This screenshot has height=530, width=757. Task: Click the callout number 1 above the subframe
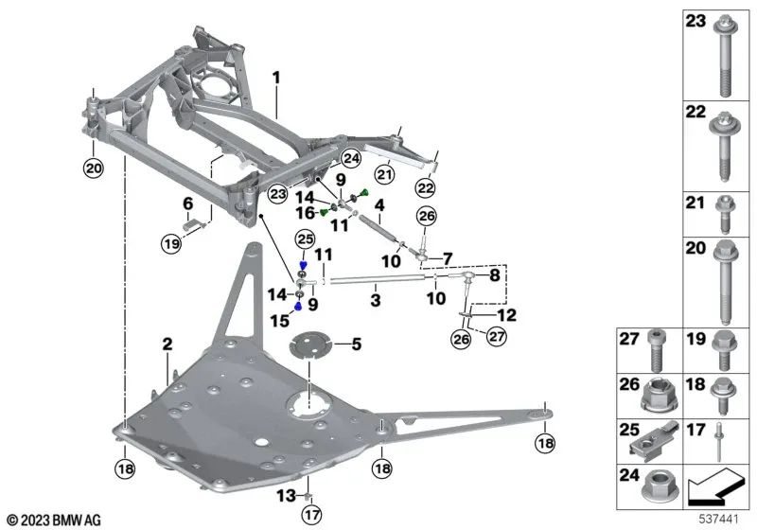click(275, 75)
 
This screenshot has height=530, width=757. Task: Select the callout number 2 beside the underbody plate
click(167, 346)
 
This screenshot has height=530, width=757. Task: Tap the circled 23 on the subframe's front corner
click(276, 194)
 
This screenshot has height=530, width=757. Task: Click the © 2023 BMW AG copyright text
click(53, 519)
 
